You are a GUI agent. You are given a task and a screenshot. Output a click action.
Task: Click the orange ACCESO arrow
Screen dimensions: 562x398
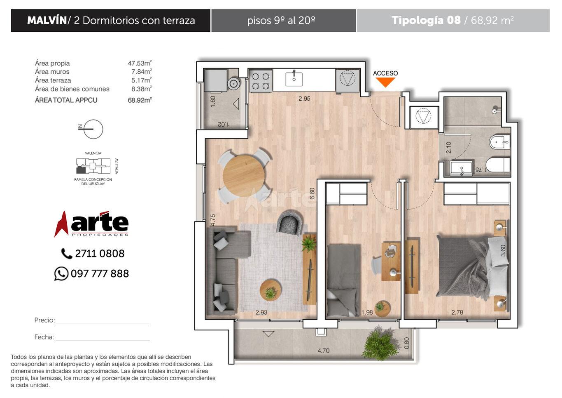385,82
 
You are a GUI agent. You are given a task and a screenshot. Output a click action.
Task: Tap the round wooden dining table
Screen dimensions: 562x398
243,176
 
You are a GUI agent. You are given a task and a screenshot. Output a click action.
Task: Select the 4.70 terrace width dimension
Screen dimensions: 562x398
323,351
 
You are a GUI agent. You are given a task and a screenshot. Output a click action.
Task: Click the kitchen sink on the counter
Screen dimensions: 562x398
294,79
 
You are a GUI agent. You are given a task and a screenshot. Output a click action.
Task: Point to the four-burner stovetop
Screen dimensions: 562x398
261,81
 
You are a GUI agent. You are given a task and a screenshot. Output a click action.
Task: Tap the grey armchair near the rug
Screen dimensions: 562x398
289,223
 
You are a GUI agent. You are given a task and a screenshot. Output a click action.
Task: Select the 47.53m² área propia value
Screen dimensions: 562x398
140,63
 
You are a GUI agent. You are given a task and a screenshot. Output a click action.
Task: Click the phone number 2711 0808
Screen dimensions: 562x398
100,254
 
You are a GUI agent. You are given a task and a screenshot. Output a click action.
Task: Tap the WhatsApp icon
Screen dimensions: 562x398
61,273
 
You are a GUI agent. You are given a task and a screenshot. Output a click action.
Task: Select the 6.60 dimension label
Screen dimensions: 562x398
312,194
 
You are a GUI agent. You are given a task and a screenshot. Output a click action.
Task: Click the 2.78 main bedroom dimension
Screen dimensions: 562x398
457,312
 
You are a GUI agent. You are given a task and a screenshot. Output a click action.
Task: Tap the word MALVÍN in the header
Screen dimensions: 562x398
47,20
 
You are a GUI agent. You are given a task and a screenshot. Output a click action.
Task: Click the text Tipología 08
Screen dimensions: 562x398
426,20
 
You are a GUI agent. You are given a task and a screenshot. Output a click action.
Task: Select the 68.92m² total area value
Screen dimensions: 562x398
140,100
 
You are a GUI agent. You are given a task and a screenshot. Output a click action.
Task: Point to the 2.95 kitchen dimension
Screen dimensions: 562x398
304,99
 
